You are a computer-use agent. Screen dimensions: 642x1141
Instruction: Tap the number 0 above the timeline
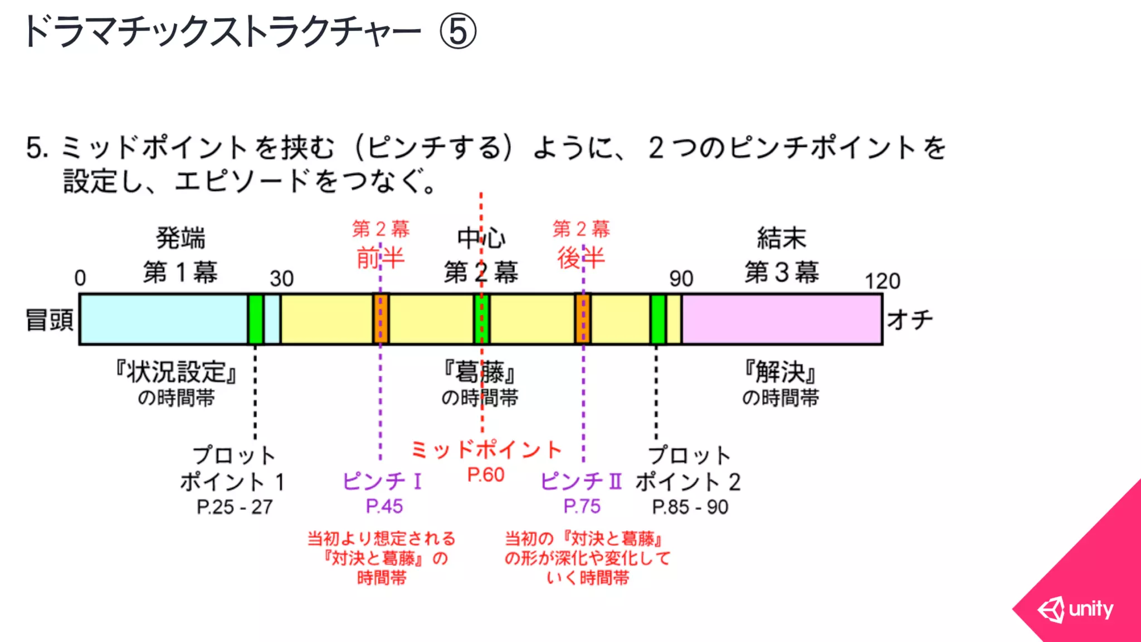pos(80,278)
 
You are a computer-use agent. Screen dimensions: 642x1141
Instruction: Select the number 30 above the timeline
pos(281,279)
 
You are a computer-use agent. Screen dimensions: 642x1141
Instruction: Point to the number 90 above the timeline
pos(681,279)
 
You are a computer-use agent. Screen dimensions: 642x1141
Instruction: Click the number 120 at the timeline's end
pos(882,281)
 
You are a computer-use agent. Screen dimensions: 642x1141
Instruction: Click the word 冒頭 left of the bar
pos(50,320)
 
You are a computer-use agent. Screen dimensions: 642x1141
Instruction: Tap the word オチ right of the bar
pos(910,320)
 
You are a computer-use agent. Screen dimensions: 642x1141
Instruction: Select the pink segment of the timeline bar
pos(781,319)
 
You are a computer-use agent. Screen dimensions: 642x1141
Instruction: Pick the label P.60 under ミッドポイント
pos(486,475)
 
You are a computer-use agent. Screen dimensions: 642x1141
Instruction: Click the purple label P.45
pos(384,506)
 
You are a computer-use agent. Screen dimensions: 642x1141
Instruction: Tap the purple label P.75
pos(582,506)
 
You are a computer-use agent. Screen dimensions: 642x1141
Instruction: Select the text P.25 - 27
pos(235,507)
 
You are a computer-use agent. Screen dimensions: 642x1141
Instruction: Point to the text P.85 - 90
pos(690,507)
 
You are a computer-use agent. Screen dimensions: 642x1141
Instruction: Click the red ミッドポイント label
pos(486,449)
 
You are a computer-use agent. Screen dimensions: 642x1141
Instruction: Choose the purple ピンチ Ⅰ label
pos(382,481)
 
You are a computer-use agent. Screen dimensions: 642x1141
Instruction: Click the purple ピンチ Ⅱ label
pos(581,481)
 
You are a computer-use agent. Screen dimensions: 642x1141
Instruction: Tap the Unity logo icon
pos(1051,609)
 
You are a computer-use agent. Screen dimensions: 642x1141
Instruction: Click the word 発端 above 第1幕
pos(181,239)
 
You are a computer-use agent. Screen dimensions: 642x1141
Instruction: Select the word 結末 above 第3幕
pos(781,239)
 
